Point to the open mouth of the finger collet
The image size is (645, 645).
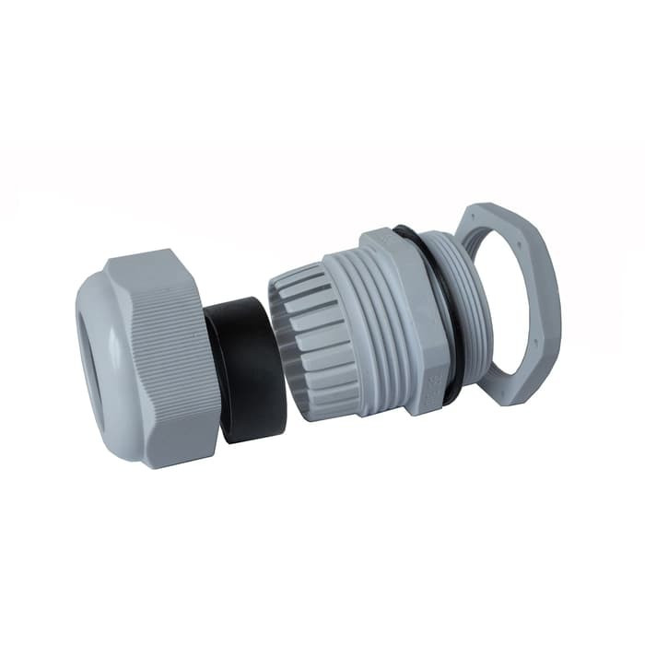click(x=286, y=332)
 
